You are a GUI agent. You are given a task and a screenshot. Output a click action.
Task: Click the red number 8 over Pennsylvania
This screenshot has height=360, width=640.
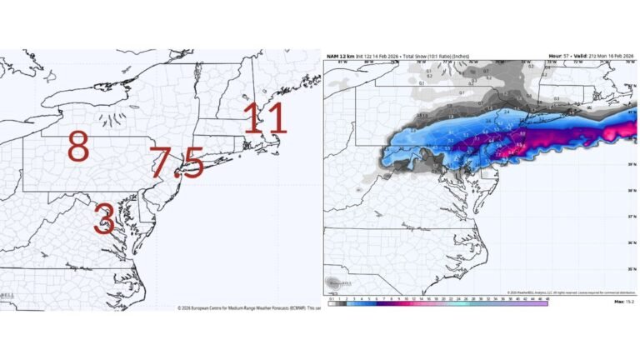77,148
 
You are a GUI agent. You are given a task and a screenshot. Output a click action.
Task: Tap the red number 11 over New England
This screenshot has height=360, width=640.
265,119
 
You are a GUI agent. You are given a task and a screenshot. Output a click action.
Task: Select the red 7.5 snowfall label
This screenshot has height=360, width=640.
177,162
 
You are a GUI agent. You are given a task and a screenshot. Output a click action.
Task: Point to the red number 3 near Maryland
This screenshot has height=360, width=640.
104,218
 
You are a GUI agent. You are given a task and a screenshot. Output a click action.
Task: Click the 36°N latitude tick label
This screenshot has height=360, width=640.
633,242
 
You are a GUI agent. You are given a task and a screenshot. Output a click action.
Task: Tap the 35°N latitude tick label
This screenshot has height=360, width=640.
633,268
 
